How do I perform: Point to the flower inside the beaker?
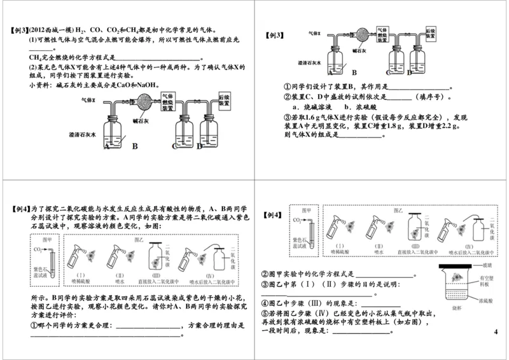[x=456, y=278]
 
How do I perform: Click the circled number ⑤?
[x=265, y=314]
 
